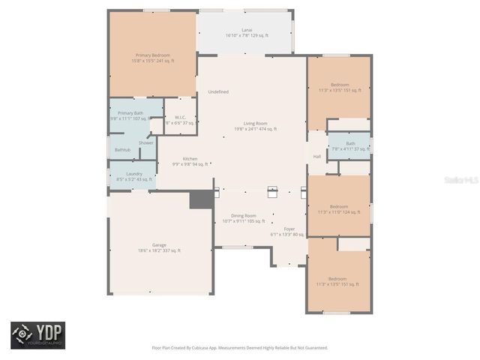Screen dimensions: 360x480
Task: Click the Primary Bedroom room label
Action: [152, 58]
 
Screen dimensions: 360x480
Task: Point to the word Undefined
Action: [218, 91]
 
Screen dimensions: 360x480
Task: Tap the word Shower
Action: [145, 142]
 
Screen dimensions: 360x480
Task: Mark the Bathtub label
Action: [122, 151]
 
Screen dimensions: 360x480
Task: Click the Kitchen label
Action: [190, 160]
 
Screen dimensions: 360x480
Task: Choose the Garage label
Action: [160, 247]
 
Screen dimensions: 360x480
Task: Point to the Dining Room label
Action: [244, 218]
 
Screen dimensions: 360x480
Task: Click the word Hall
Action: [317, 157]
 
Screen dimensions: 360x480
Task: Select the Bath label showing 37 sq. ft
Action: [350, 145]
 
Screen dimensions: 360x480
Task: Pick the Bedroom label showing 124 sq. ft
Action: [339, 209]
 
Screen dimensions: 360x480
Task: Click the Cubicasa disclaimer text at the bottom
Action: [240, 347]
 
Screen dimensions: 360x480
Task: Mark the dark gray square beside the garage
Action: [201, 199]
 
